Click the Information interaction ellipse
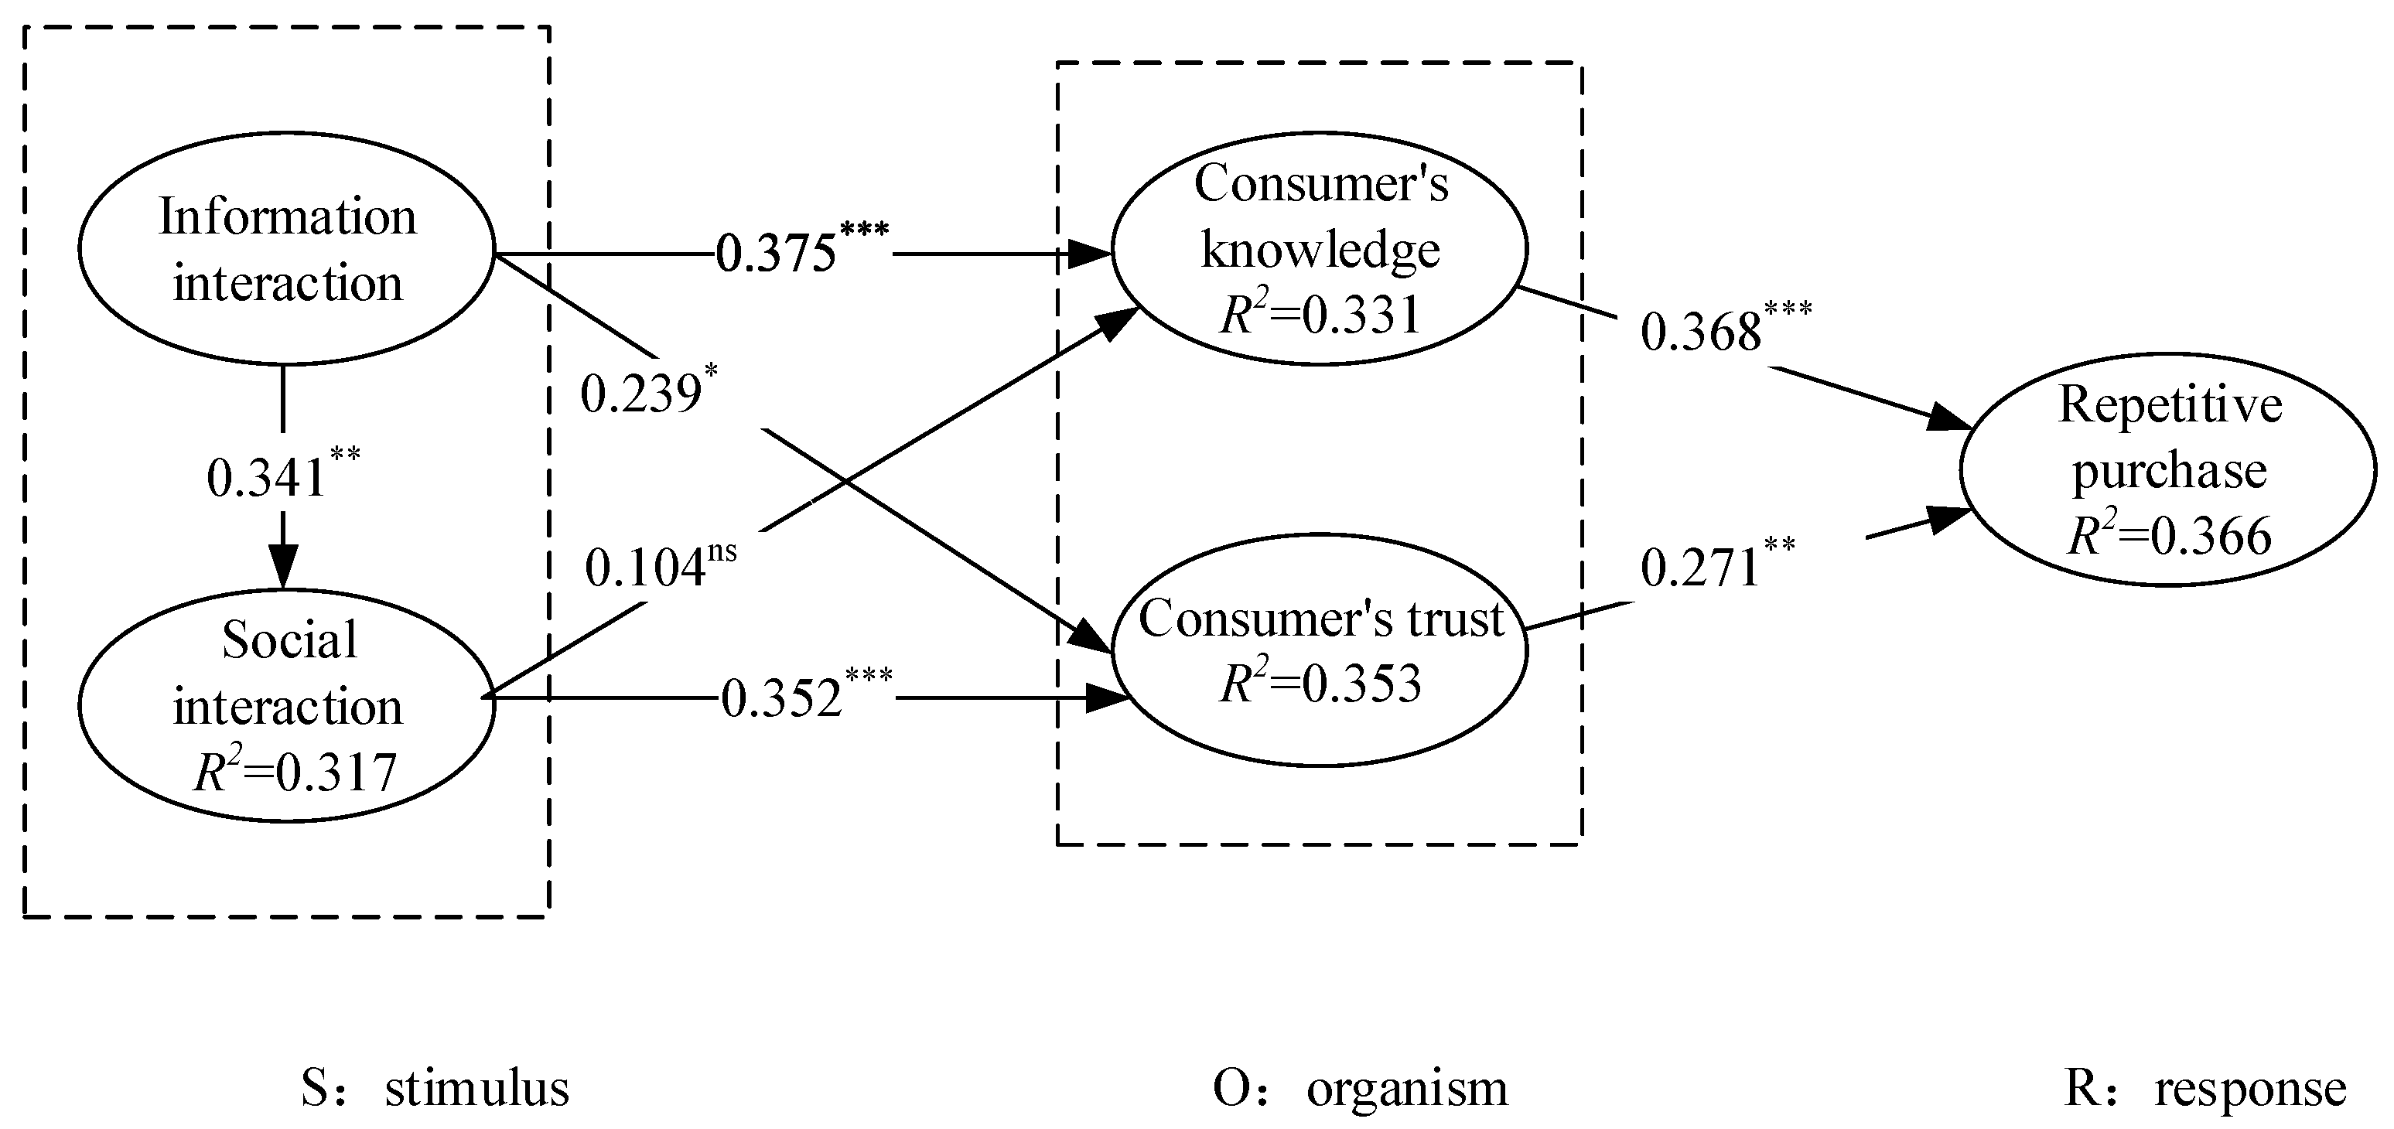286,249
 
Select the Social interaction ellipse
286,704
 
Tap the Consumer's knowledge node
1320,248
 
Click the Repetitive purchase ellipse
2170,469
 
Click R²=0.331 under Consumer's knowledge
1320,314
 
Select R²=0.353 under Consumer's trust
1320,683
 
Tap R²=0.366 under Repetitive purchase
2170,535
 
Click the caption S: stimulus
435,1088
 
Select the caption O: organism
1360,1088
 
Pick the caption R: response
2204,1088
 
